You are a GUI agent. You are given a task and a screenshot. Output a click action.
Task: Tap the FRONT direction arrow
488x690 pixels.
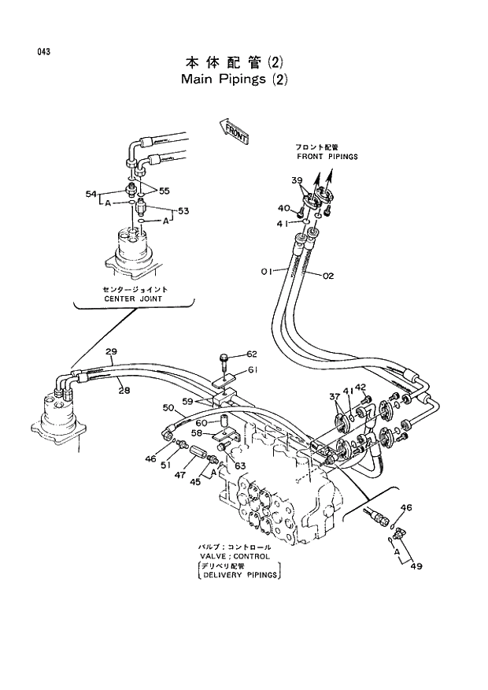tap(235, 130)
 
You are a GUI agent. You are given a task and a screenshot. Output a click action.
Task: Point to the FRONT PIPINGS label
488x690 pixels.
tap(327, 157)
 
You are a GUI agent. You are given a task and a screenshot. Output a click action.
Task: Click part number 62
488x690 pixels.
tap(252, 354)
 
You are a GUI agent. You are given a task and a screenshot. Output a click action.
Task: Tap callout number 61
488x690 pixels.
tap(252, 370)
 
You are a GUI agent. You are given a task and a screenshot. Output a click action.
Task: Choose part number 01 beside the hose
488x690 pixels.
tap(266, 272)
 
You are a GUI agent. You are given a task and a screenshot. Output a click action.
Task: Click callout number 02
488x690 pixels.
tap(328, 275)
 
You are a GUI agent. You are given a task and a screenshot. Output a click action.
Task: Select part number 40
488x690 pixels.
tap(283, 209)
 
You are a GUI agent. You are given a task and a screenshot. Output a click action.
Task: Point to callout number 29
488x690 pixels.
tap(111, 351)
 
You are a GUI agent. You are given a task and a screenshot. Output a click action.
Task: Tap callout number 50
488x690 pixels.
tap(168, 407)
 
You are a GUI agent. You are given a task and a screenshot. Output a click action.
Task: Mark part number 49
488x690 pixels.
tap(416, 566)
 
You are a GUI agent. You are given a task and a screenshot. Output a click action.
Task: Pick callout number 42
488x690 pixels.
tap(361, 387)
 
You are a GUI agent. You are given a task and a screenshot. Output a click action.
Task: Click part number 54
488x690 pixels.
tap(91, 193)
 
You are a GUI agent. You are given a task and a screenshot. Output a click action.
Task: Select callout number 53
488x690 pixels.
tap(183, 211)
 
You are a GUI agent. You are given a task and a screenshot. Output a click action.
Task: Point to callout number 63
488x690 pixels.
tap(240, 466)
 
